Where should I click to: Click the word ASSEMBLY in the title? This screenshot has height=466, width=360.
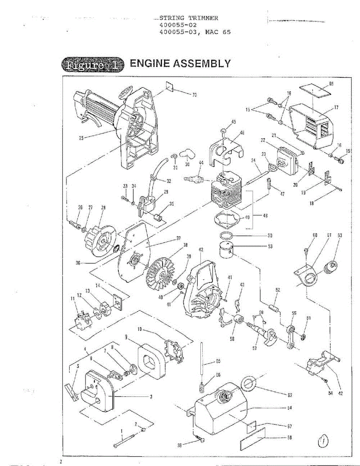(200, 63)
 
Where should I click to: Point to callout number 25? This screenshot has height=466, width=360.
(81, 137)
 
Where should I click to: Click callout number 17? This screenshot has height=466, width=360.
(336, 107)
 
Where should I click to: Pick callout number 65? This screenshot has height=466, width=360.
(218, 362)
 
